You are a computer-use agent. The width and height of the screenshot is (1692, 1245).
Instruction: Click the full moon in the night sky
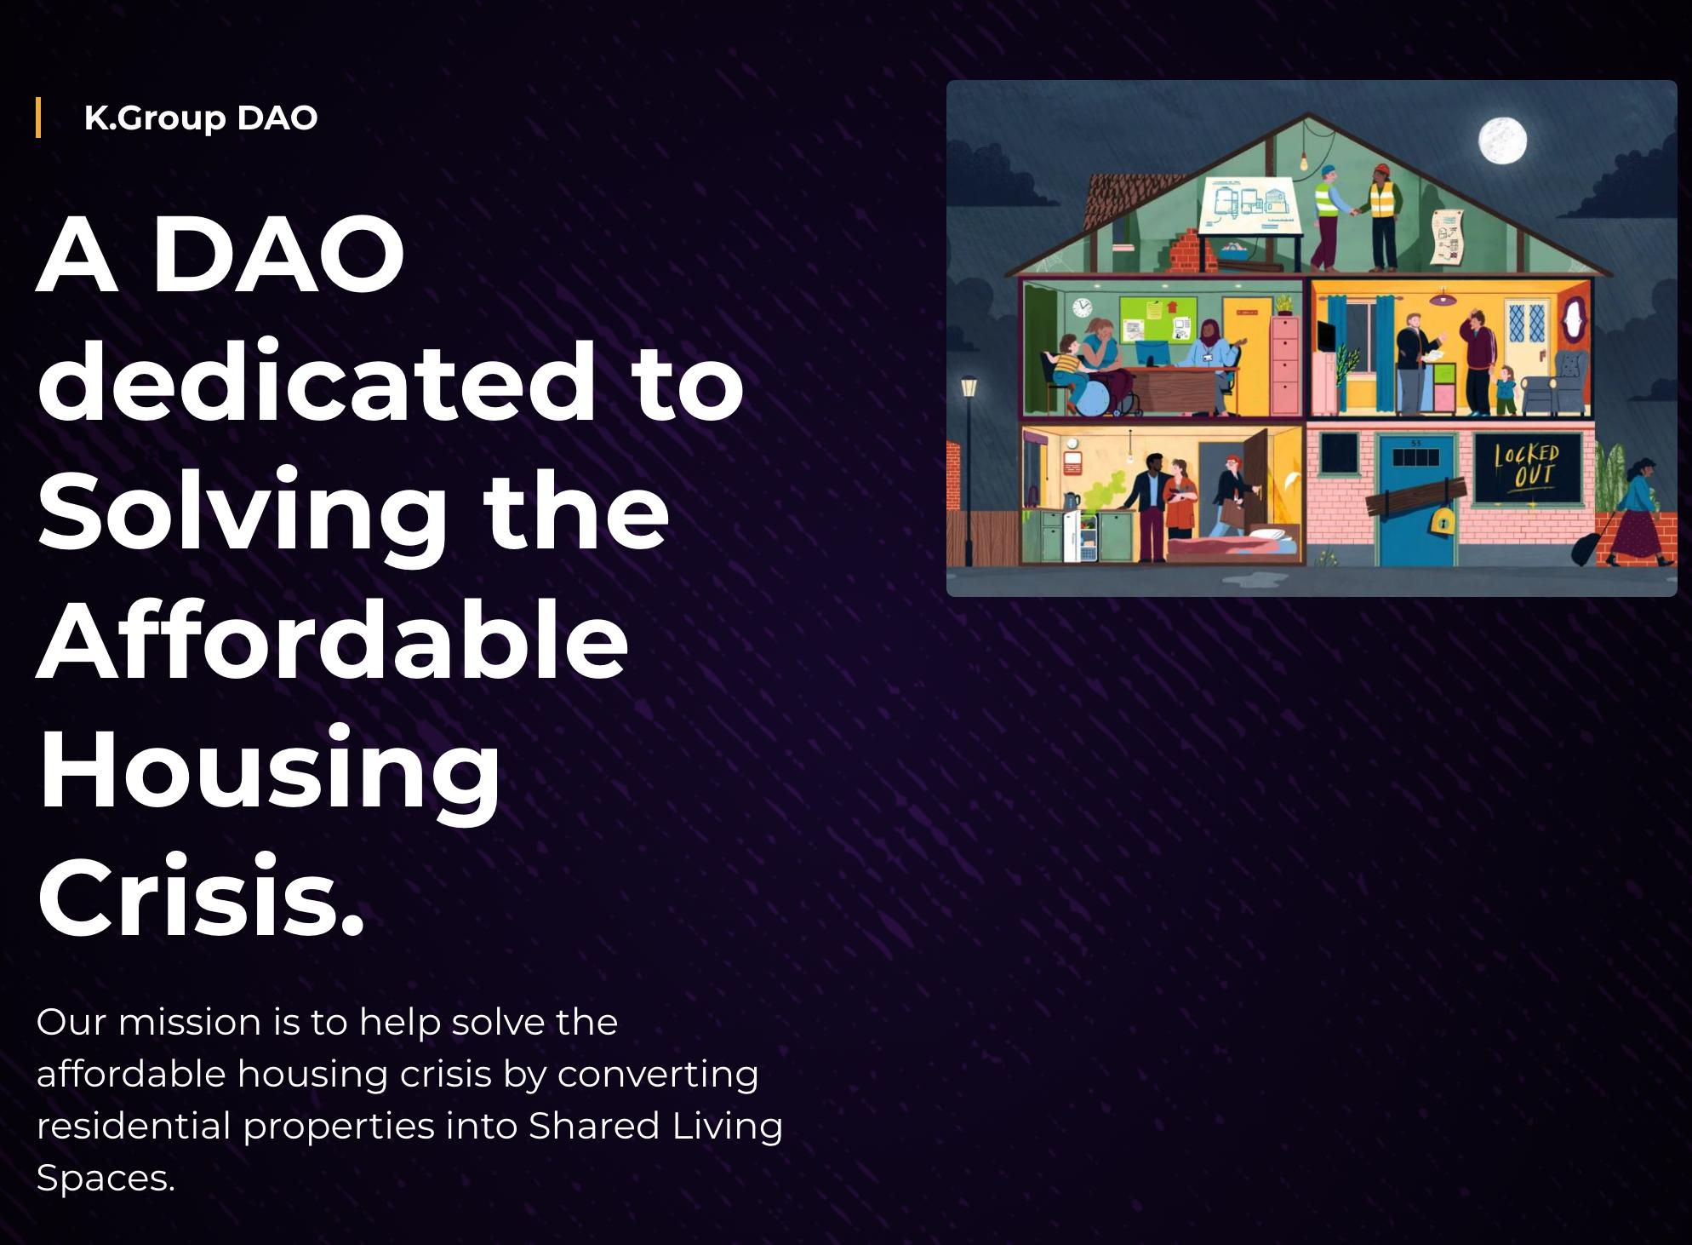[x=1502, y=141]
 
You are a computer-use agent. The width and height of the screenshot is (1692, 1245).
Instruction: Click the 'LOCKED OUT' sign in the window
[x=1527, y=467]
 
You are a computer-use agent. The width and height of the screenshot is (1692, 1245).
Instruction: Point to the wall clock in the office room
[x=1082, y=307]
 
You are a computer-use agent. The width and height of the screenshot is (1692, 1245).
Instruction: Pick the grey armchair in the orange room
[x=1557, y=384]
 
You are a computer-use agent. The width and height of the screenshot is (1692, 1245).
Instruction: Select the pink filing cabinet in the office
[x=1284, y=362]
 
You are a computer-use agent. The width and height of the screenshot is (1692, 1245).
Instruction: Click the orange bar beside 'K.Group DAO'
[x=38, y=118]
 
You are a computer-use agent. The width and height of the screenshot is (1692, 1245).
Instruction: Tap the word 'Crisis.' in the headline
[x=201, y=898]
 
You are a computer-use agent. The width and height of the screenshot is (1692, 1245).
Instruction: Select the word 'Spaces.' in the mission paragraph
[x=106, y=1179]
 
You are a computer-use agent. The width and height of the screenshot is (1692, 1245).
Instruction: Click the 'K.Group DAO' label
[x=201, y=118]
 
